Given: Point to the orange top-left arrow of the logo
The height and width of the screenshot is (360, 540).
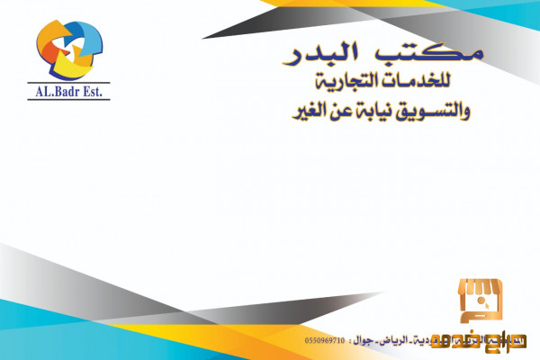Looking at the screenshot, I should point(49,36).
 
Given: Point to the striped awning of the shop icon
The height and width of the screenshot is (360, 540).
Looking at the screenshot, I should point(481,290).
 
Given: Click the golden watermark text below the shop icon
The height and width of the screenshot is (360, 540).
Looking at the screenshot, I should point(487,341).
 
